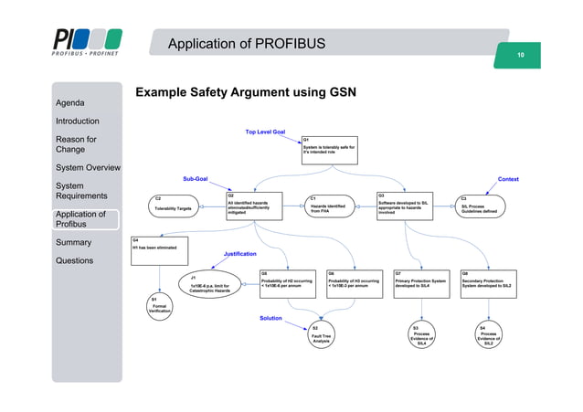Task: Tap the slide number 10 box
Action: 520,57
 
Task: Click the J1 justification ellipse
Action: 211,284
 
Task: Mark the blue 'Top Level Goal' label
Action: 265,132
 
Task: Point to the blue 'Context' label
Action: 507,180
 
